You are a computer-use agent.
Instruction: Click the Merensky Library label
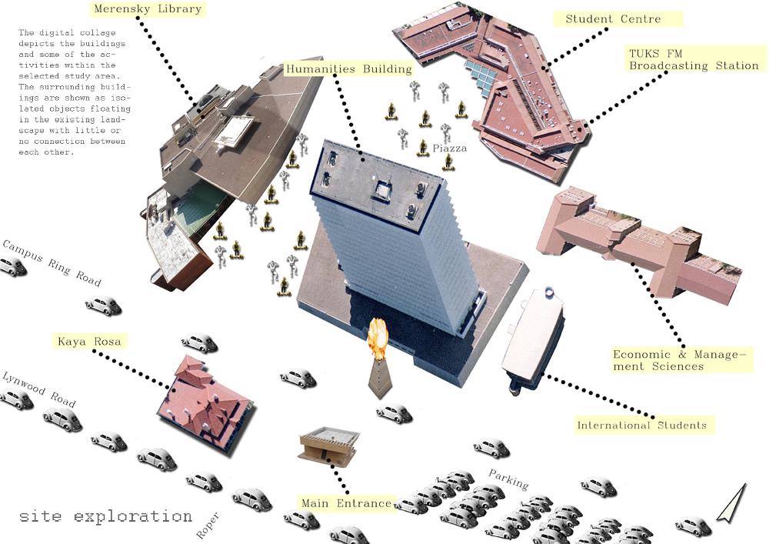pyautogui.click(x=148, y=9)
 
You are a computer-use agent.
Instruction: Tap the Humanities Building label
pyautogui.click(x=348, y=68)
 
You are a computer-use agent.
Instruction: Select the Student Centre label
pyautogui.click(x=613, y=19)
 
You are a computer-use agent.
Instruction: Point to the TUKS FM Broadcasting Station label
pyautogui.click(x=694, y=59)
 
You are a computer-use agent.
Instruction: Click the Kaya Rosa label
pyautogui.click(x=89, y=341)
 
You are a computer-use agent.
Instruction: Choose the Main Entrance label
pyautogui.click(x=346, y=502)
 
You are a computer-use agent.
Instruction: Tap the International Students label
pyautogui.click(x=641, y=425)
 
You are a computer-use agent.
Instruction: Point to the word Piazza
pyautogui.click(x=450, y=149)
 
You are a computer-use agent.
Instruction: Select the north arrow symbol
pyautogui.click(x=732, y=502)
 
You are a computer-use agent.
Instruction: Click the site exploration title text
pyautogui.click(x=105, y=516)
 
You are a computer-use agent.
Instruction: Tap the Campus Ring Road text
pyautogui.click(x=52, y=262)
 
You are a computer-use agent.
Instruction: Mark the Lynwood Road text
pyautogui.click(x=39, y=389)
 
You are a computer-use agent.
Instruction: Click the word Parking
pyautogui.click(x=508, y=479)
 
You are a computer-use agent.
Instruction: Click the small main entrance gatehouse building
pyautogui.click(x=328, y=446)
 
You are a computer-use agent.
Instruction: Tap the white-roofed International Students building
pyautogui.click(x=532, y=339)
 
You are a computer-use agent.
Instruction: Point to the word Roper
pyautogui.click(x=208, y=526)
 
